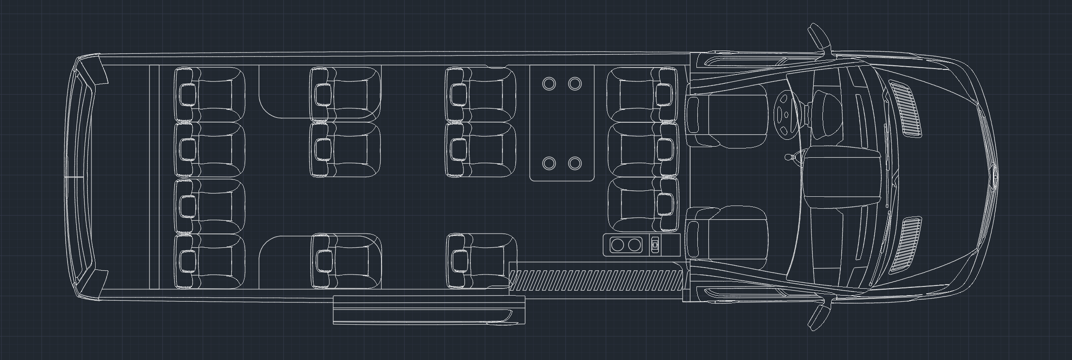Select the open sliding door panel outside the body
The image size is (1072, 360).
428,310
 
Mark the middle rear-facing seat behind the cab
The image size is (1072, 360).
644,149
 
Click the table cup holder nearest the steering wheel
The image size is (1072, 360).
575,84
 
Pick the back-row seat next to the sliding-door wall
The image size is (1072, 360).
210,261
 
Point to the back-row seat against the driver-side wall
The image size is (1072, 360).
210,94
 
